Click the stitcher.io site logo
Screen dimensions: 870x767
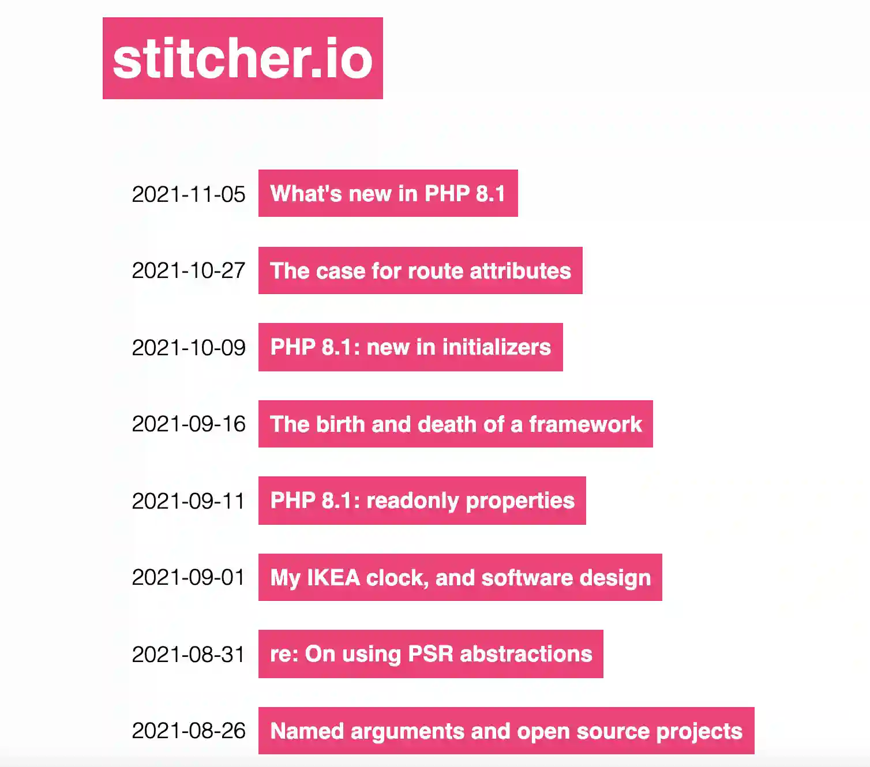243,58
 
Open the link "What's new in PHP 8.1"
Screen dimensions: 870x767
388,193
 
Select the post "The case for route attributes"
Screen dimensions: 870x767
421,270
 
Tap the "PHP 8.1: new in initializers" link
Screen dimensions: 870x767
411,347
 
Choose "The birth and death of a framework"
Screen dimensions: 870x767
456,424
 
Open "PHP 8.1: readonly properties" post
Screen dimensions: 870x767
422,501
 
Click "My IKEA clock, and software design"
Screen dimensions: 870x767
460,577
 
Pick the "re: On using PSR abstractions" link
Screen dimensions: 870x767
431,654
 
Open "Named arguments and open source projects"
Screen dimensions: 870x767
507,731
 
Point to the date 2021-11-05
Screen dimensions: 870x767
189,194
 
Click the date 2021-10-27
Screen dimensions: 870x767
189,270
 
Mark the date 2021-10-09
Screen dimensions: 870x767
189,347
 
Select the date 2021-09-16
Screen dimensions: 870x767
189,424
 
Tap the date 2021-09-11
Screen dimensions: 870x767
189,501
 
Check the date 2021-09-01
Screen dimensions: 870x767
189,577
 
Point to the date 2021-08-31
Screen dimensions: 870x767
189,654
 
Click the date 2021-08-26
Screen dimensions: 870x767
189,731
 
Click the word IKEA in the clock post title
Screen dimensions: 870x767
333,577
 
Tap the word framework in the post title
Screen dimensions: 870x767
586,424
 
